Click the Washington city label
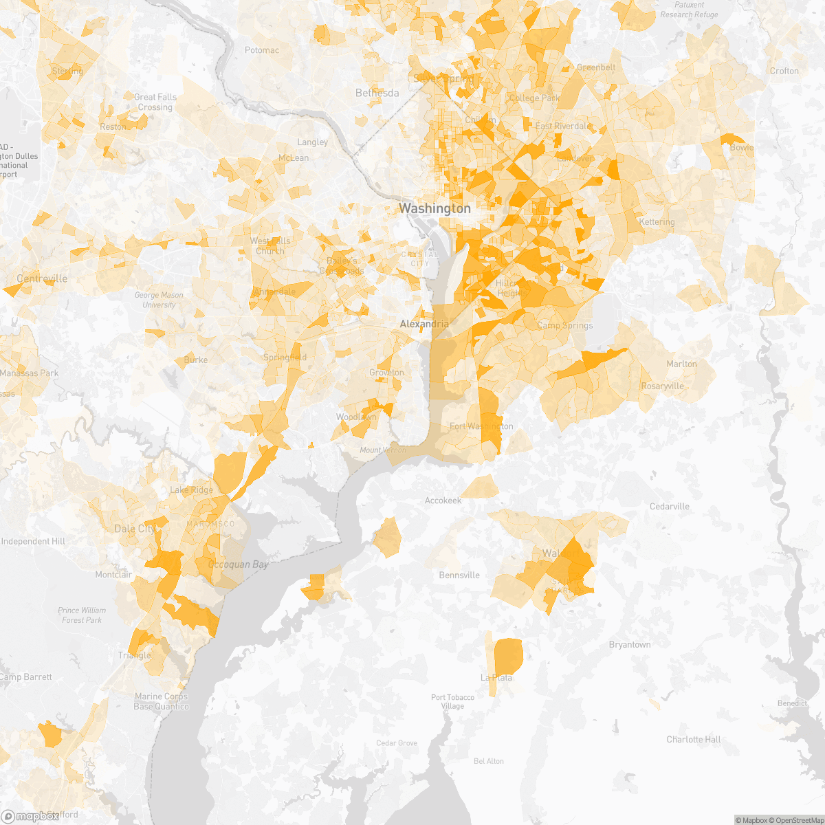(435, 208)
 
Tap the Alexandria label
(425, 324)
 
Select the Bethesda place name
(377, 93)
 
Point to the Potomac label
(262, 50)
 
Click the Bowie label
(742, 148)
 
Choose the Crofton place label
(784, 71)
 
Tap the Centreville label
(42, 278)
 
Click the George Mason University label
(159, 300)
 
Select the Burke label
(196, 360)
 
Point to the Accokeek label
(443, 500)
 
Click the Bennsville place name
(459, 575)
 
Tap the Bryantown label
(630, 645)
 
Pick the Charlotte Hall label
(694, 740)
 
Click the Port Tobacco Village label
(452, 701)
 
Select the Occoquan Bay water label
(238, 564)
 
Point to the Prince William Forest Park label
(82, 615)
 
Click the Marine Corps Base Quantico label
(162, 702)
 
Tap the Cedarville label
(670, 507)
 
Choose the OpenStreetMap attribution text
(797, 820)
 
